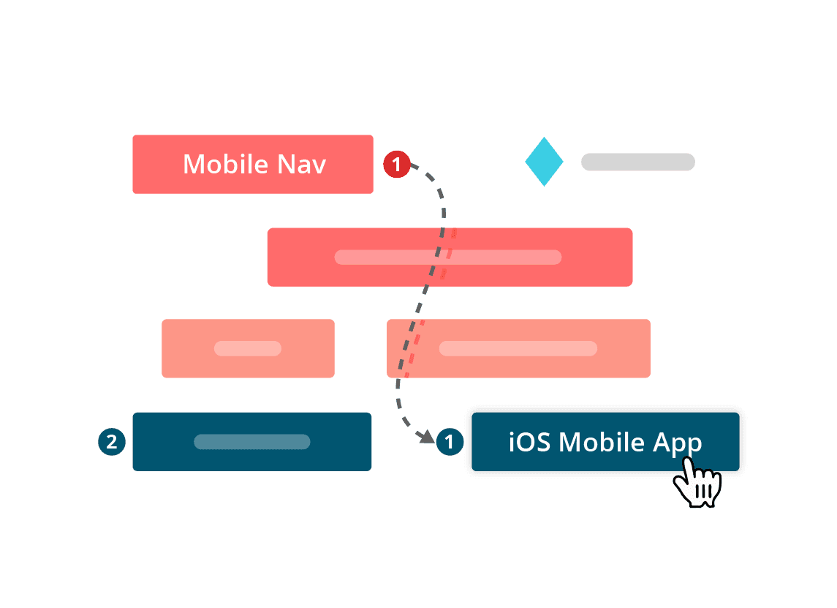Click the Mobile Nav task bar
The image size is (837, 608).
coord(252,164)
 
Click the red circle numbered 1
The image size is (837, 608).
coord(397,165)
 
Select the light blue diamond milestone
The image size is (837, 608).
coord(544,161)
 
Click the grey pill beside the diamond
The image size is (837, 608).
coord(637,162)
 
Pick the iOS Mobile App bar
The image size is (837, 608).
coord(605,442)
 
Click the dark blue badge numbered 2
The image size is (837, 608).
coord(111,442)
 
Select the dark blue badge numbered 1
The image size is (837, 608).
coord(449,442)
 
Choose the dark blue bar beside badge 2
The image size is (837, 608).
coord(251,441)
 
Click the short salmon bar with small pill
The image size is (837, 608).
coord(248,348)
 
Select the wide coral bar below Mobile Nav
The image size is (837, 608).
coord(450,256)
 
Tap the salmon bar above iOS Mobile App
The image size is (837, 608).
coord(518,348)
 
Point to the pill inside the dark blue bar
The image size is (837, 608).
coord(251,442)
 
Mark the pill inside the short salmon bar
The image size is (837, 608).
coord(248,348)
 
